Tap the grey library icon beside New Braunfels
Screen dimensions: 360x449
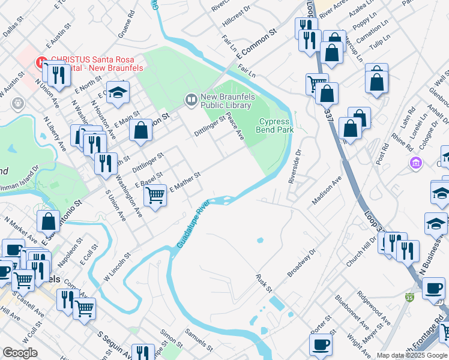(191, 99)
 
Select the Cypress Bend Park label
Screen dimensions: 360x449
(276, 125)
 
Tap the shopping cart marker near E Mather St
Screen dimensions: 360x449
(155, 194)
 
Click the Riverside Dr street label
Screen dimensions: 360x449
(294, 167)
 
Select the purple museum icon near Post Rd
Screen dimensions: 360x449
(415, 163)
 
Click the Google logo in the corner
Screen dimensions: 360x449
(20, 353)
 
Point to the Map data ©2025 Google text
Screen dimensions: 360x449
(412, 355)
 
